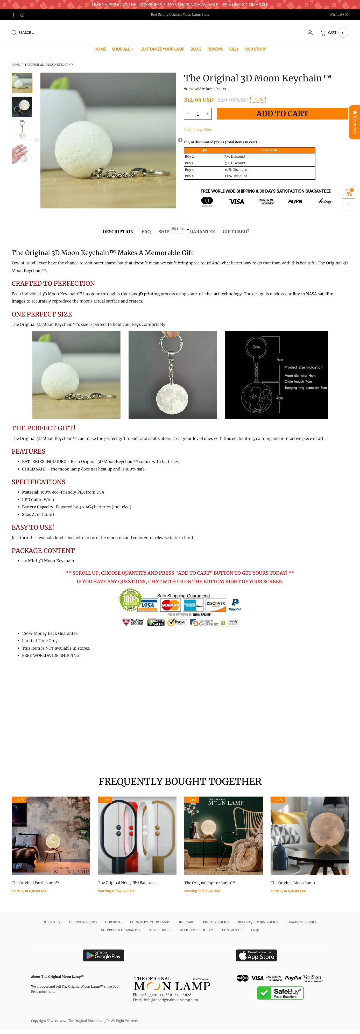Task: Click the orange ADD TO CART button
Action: pos(282,114)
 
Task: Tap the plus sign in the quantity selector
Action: pos(207,114)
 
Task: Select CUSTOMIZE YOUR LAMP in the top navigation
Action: pos(162,49)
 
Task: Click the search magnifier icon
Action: pos(14,32)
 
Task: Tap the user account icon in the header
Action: pos(310,32)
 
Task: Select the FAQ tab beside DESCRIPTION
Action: pos(146,231)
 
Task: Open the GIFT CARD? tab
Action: pos(236,231)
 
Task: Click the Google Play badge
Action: pos(104,955)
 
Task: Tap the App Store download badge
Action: pos(256,955)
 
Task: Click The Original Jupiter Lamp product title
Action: pos(209,883)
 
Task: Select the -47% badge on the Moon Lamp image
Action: pos(278,800)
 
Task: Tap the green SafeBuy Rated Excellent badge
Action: pos(280,993)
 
